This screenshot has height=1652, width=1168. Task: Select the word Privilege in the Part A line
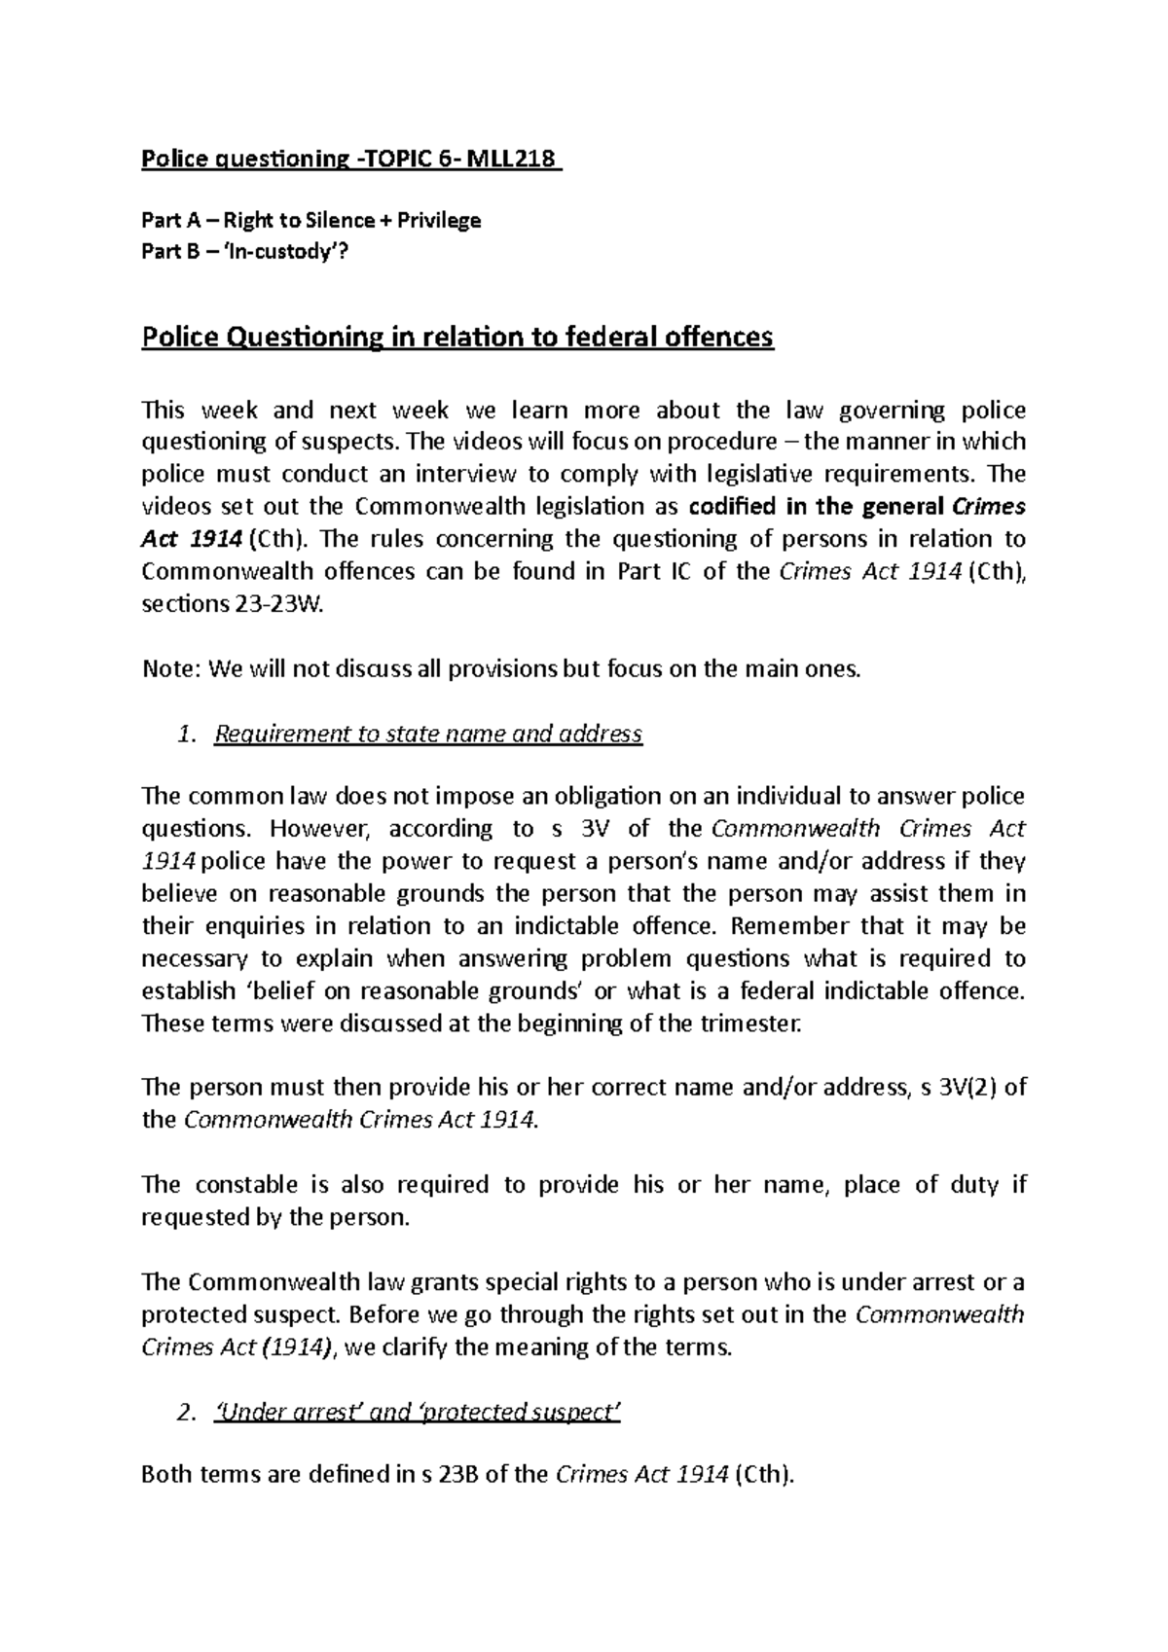coord(441,220)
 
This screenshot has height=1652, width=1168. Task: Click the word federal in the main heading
coord(581,338)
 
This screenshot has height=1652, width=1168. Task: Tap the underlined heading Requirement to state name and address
coord(427,734)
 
